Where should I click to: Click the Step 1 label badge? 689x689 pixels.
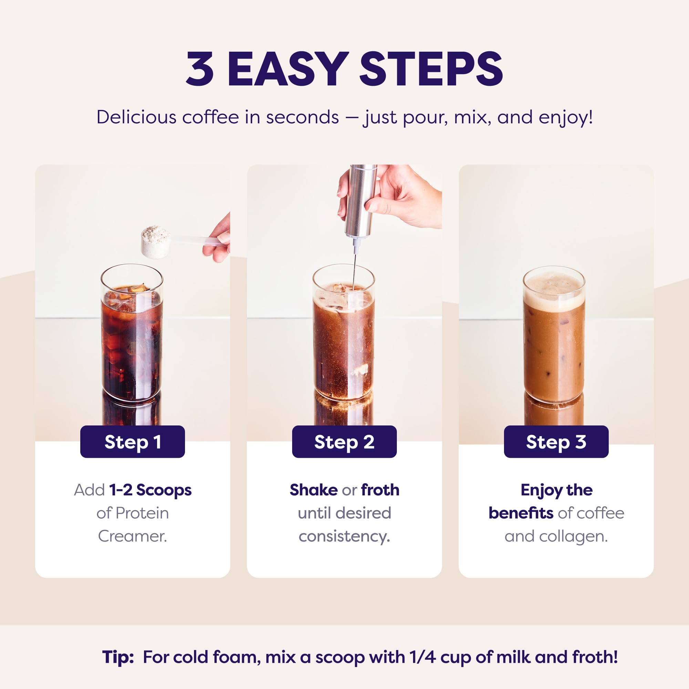(x=132, y=442)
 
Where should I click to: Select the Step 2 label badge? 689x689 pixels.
(x=344, y=442)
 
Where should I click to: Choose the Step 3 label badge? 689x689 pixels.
(x=556, y=442)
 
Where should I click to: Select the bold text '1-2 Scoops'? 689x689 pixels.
(x=150, y=490)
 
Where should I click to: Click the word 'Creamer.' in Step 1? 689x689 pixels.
(x=132, y=536)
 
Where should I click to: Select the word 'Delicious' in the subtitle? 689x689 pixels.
(x=136, y=117)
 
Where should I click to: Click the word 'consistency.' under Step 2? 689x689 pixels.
(x=344, y=536)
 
